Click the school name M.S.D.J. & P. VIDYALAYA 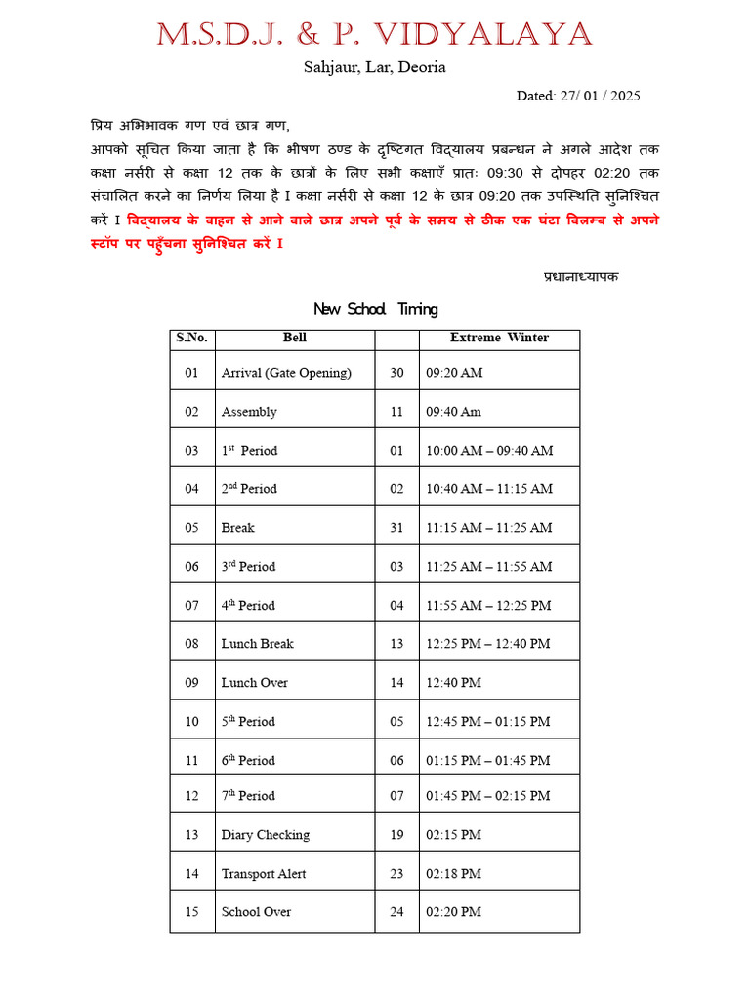tap(374, 35)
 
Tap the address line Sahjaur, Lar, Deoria tap(375, 67)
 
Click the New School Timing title tap(375, 309)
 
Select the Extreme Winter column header tap(499, 338)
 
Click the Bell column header tap(295, 338)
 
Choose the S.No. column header tap(191, 338)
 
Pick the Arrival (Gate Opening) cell tap(286, 373)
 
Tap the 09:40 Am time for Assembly tap(454, 412)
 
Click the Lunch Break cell tap(258, 644)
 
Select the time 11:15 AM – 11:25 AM tap(489, 528)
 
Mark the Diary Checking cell tap(266, 835)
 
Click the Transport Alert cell tap(264, 874)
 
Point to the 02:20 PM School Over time tap(454, 912)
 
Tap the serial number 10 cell tap(191, 722)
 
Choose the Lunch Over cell tap(255, 683)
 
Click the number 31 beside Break tap(396, 528)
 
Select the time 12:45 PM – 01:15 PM tap(488, 722)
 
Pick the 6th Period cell tap(249, 761)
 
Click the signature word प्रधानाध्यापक tap(581, 276)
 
